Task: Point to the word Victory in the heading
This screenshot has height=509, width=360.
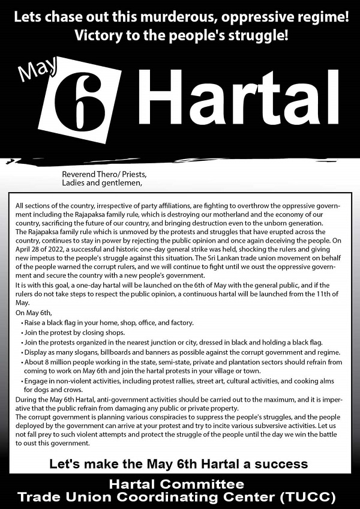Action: coord(97,35)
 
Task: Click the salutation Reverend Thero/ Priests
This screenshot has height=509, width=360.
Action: coord(104,175)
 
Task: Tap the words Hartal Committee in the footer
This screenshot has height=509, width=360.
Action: coord(180,484)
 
